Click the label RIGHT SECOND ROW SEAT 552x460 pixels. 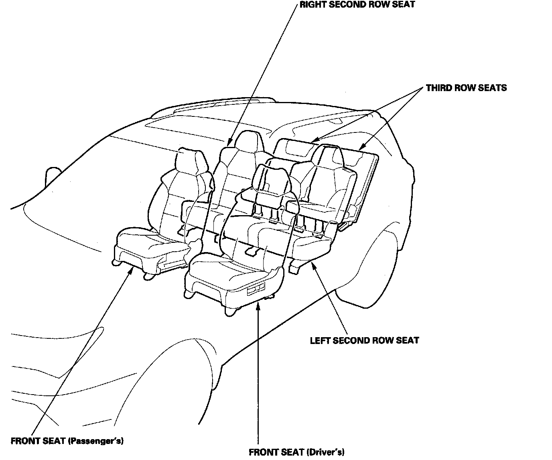point(357,5)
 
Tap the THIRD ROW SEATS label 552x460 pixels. point(466,88)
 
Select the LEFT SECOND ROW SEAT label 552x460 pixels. point(364,340)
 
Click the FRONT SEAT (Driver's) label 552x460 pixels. point(296,452)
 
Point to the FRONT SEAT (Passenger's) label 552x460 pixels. point(67,441)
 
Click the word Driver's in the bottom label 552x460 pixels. point(325,452)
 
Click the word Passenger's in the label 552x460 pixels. point(95,441)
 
